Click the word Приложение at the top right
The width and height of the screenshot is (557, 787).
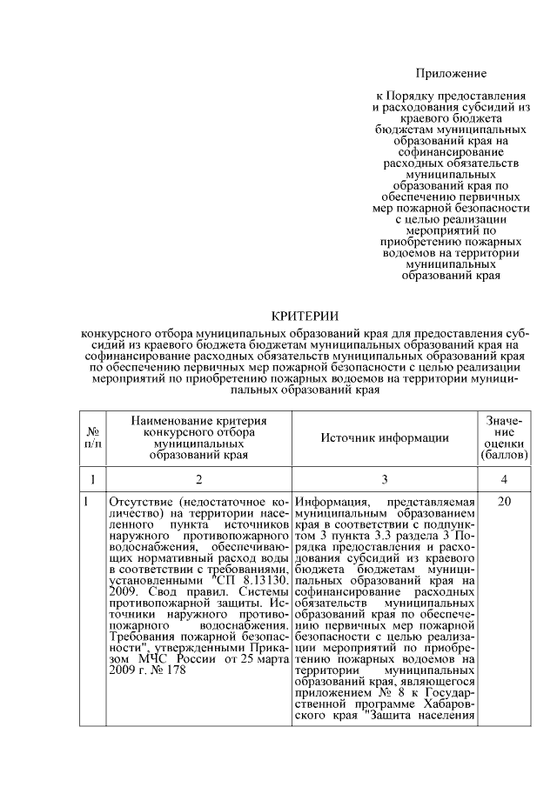[450, 74]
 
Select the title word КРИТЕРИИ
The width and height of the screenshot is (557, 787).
[305, 316]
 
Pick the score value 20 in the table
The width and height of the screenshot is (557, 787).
[502, 502]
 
